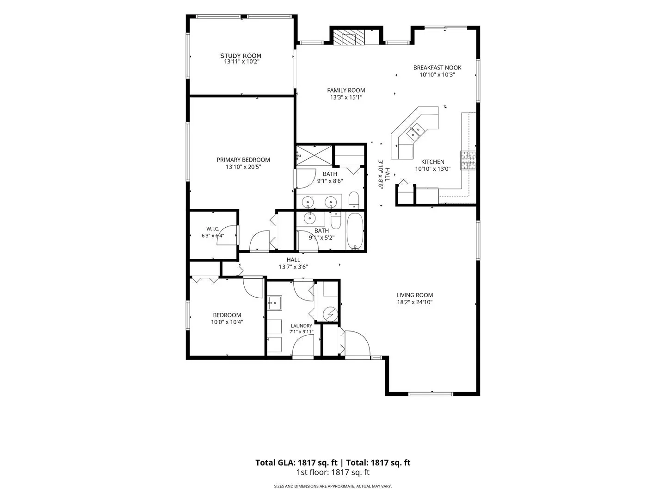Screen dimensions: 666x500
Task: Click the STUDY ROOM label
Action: coord(240,56)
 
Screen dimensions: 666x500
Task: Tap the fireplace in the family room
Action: coord(349,37)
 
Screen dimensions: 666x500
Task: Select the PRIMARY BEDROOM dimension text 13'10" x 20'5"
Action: coord(243,167)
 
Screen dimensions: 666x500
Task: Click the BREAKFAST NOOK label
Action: coord(437,68)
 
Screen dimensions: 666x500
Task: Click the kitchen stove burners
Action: coord(468,160)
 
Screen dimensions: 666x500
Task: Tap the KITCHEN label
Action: coord(433,162)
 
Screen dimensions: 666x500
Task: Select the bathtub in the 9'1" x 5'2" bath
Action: coord(355,231)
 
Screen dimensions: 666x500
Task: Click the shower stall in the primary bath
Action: coord(314,156)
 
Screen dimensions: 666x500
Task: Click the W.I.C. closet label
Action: coord(213,229)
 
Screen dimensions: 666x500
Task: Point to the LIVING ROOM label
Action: coord(414,295)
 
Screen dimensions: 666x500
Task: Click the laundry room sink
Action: coord(275,303)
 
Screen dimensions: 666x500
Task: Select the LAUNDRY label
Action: coord(301,326)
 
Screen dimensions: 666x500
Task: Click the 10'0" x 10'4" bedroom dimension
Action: coord(227,322)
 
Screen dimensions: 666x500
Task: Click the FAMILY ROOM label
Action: coord(346,90)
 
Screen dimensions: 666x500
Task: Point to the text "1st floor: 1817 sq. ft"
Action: coord(333,472)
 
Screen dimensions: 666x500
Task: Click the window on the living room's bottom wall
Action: coord(431,394)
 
